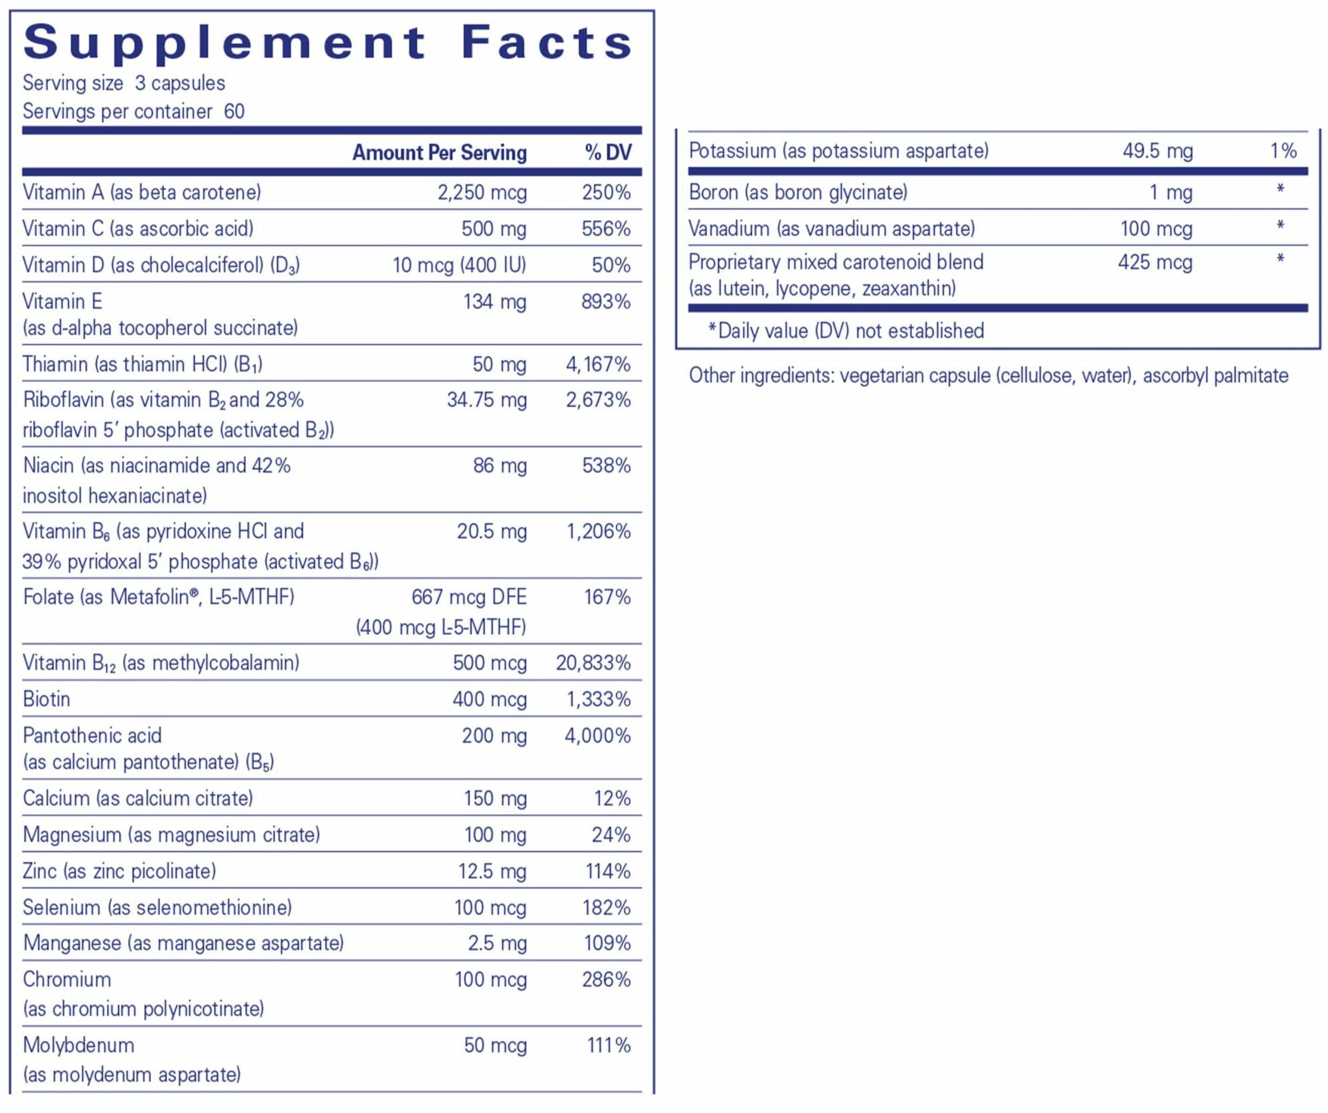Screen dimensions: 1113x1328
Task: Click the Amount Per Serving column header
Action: (x=439, y=152)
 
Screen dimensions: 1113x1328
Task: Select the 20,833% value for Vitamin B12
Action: (x=593, y=663)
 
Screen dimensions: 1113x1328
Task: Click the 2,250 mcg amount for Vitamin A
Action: (x=482, y=192)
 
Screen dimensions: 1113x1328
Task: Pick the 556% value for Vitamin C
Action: (x=606, y=228)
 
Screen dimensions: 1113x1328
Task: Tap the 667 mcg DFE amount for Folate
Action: (x=469, y=597)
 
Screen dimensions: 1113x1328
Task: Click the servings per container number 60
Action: (x=234, y=111)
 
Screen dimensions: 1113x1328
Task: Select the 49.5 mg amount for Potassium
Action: (x=1158, y=151)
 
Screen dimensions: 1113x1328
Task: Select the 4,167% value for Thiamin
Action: (x=598, y=364)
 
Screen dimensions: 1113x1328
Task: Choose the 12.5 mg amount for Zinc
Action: (x=492, y=871)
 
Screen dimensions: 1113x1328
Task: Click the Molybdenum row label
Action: (x=78, y=1046)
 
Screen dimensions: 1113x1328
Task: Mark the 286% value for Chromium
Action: (x=606, y=979)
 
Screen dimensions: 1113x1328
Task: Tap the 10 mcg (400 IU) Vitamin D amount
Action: (x=459, y=265)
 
